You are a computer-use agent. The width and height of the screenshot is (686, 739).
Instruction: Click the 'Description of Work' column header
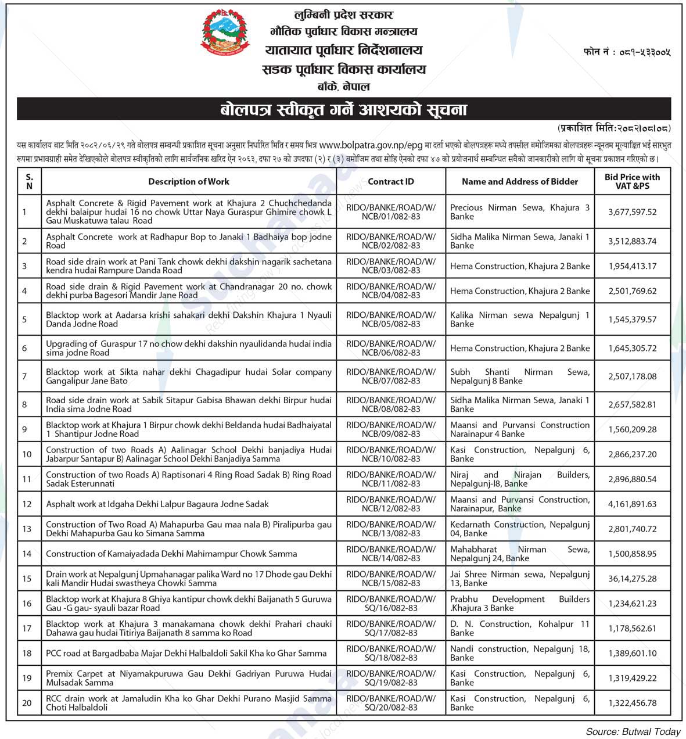point(188,182)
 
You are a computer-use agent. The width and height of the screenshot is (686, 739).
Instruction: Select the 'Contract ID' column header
point(390,182)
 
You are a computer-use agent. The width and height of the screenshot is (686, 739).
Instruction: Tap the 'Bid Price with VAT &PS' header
point(632,181)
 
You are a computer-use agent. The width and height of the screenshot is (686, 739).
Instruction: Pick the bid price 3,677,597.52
point(632,212)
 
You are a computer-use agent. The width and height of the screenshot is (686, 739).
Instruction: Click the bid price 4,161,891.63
point(632,504)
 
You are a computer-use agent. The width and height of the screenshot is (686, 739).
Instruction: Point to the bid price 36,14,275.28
point(632,579)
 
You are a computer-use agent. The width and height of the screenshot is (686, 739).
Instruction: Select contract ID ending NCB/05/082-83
point(390,320)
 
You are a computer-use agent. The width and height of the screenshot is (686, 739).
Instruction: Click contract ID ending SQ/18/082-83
point(390,653)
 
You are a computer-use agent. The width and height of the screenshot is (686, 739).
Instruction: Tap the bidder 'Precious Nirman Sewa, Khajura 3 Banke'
point(519,212)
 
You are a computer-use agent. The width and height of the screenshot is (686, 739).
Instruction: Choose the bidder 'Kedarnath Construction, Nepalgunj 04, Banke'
point(519,529)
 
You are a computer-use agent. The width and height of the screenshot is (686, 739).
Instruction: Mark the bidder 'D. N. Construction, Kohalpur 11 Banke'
point(519,628)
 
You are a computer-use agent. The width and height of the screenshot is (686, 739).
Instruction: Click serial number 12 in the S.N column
point(27,504)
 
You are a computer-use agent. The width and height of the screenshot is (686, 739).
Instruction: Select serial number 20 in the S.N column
point(27,703)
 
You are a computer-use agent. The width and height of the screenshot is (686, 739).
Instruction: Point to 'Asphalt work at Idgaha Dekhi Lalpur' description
point(157,504)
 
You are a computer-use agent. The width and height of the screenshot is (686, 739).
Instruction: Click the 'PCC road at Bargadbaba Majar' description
point(186,653)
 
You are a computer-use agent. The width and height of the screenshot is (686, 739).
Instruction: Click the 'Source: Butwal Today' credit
point(633,731)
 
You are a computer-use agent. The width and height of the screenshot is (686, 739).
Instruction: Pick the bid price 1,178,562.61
point(632,628)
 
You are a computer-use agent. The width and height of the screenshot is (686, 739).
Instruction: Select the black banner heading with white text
point(343,109)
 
